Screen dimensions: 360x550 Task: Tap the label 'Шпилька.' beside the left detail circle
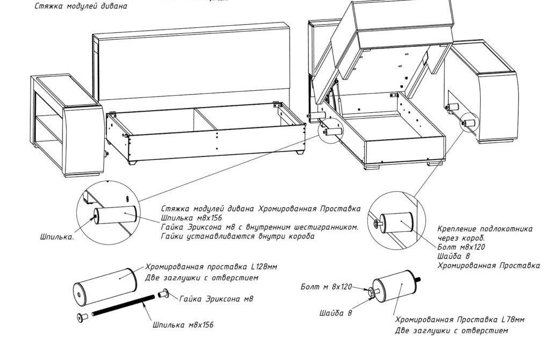pos(57,236)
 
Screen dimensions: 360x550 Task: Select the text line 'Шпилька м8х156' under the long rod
pos(183,325)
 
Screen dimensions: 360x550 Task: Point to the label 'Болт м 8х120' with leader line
pos(325,287)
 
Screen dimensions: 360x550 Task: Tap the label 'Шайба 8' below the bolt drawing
pos(335,313)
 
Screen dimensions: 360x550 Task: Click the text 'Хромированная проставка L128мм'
pos(212,267)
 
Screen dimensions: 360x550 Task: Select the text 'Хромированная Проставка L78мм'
pos(459,320)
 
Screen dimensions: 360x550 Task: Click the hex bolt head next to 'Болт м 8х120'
pos(371,291)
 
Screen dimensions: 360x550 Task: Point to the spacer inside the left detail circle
pos(115,216)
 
